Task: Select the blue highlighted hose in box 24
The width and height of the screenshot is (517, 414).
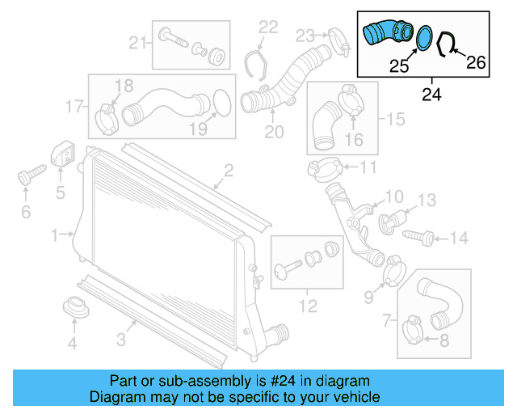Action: tap(386, 35)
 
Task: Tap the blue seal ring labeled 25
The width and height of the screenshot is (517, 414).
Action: tap(423, 38)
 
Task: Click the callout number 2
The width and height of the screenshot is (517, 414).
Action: tap(229, 170)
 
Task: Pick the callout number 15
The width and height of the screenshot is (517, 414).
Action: tap(395, 120)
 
